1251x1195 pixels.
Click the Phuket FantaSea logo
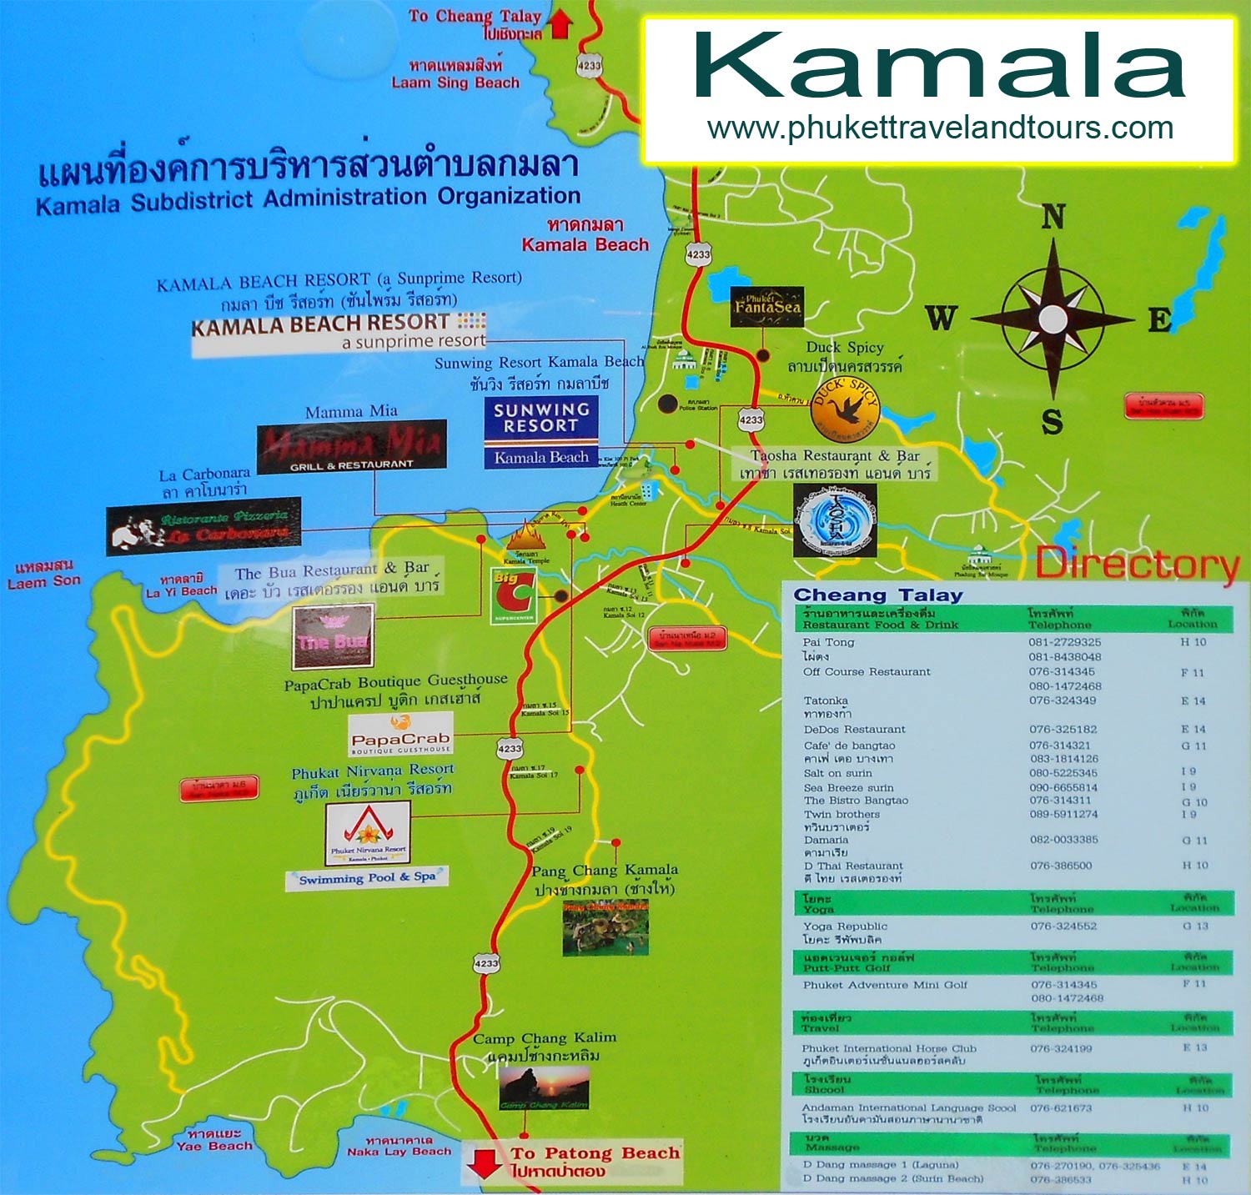[767, 307]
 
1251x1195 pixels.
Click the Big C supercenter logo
[512, 595]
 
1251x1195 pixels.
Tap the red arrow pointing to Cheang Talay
[560, 23]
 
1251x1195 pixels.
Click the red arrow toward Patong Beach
[484, 1162]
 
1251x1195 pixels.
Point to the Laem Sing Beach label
[455, 83]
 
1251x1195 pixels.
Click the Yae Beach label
[214, 1146]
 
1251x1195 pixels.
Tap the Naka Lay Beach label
[399, 1152]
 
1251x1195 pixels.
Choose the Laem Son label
[44, 581]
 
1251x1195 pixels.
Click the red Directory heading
[1137, 565]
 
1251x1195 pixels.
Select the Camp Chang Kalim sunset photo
[544, 1089]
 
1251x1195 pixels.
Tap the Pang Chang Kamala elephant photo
[605, 926]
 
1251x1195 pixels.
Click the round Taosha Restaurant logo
[835, 522]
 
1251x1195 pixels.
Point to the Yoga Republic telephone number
[1063, 926]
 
